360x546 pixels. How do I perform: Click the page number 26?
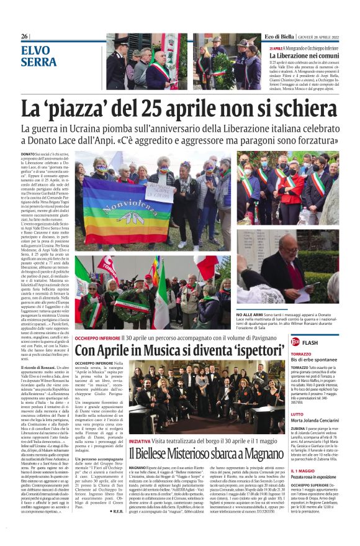[x=25, y=37]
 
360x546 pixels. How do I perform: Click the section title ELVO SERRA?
[x=38, y=56]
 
